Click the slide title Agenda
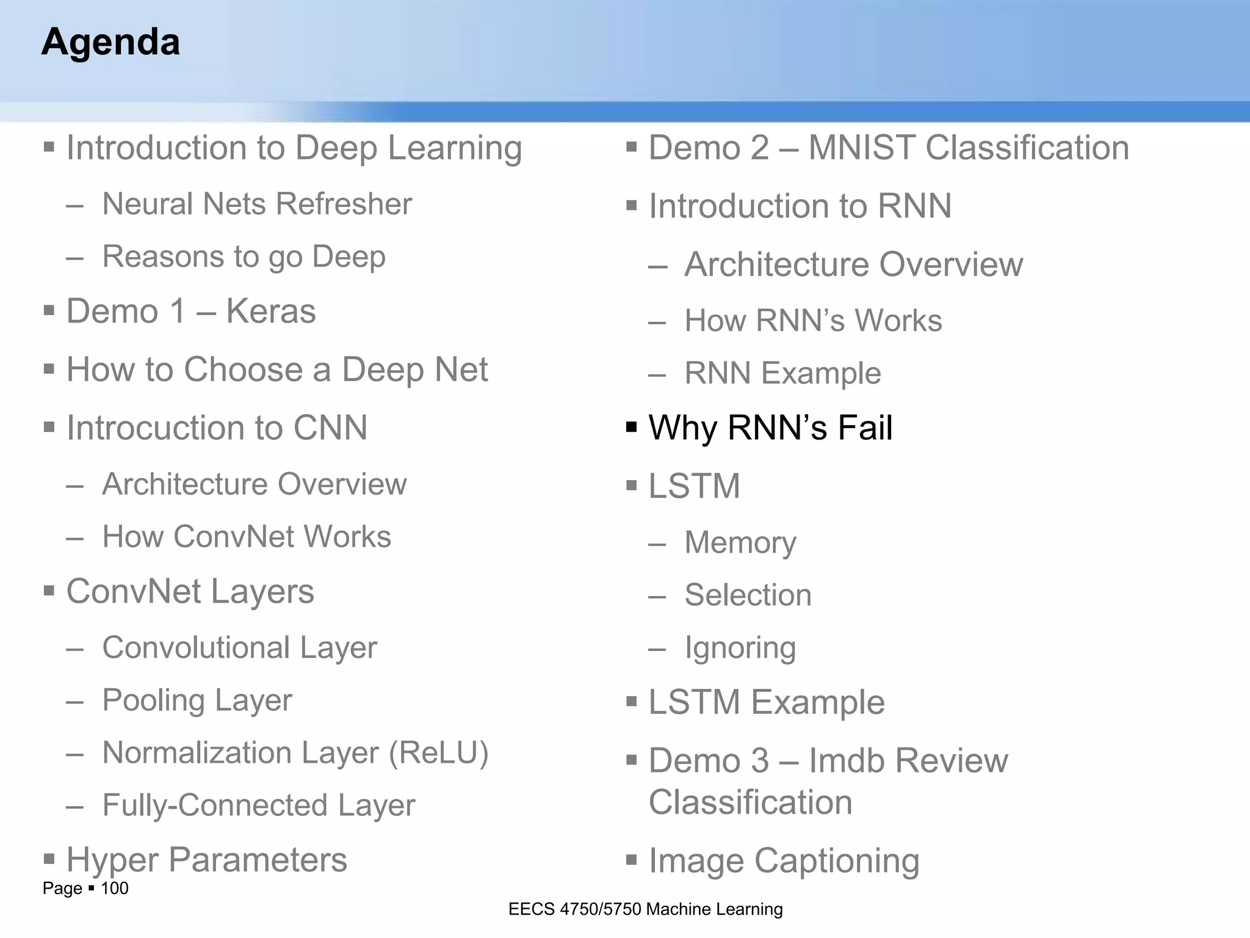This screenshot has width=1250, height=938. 110,42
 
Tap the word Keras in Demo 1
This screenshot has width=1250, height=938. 270,311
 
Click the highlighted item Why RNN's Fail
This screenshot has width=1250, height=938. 770,427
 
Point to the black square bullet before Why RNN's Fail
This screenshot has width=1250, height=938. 632,426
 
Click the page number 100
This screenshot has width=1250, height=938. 114,888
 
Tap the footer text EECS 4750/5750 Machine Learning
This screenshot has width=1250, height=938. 645,909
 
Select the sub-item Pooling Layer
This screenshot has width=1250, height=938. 197,700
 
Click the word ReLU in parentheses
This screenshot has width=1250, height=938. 439,752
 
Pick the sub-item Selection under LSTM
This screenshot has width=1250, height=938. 748,595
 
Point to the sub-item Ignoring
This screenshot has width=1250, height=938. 740,648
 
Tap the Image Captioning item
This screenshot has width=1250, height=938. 783,861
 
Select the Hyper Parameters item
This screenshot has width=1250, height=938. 206,860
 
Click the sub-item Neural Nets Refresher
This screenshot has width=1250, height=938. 257,204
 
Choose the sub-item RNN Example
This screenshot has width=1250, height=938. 782,373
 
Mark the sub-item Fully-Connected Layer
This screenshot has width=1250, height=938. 258,805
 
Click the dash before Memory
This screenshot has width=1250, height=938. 657,544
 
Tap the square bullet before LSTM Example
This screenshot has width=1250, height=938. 632,701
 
